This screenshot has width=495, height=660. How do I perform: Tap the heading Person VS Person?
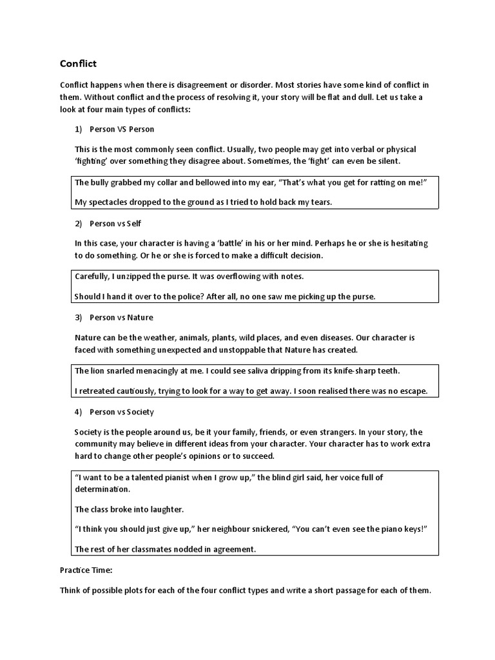122,129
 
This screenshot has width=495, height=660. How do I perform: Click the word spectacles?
108,202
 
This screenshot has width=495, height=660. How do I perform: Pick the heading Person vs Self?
115,223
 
